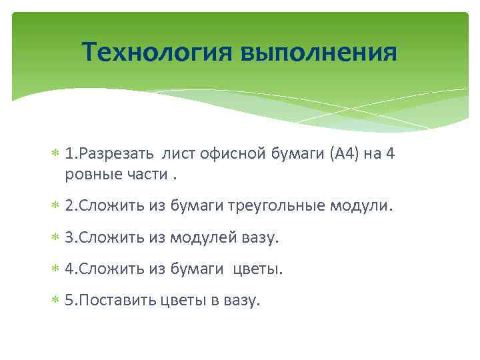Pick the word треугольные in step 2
point(279,206)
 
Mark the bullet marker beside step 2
point(55,207)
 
